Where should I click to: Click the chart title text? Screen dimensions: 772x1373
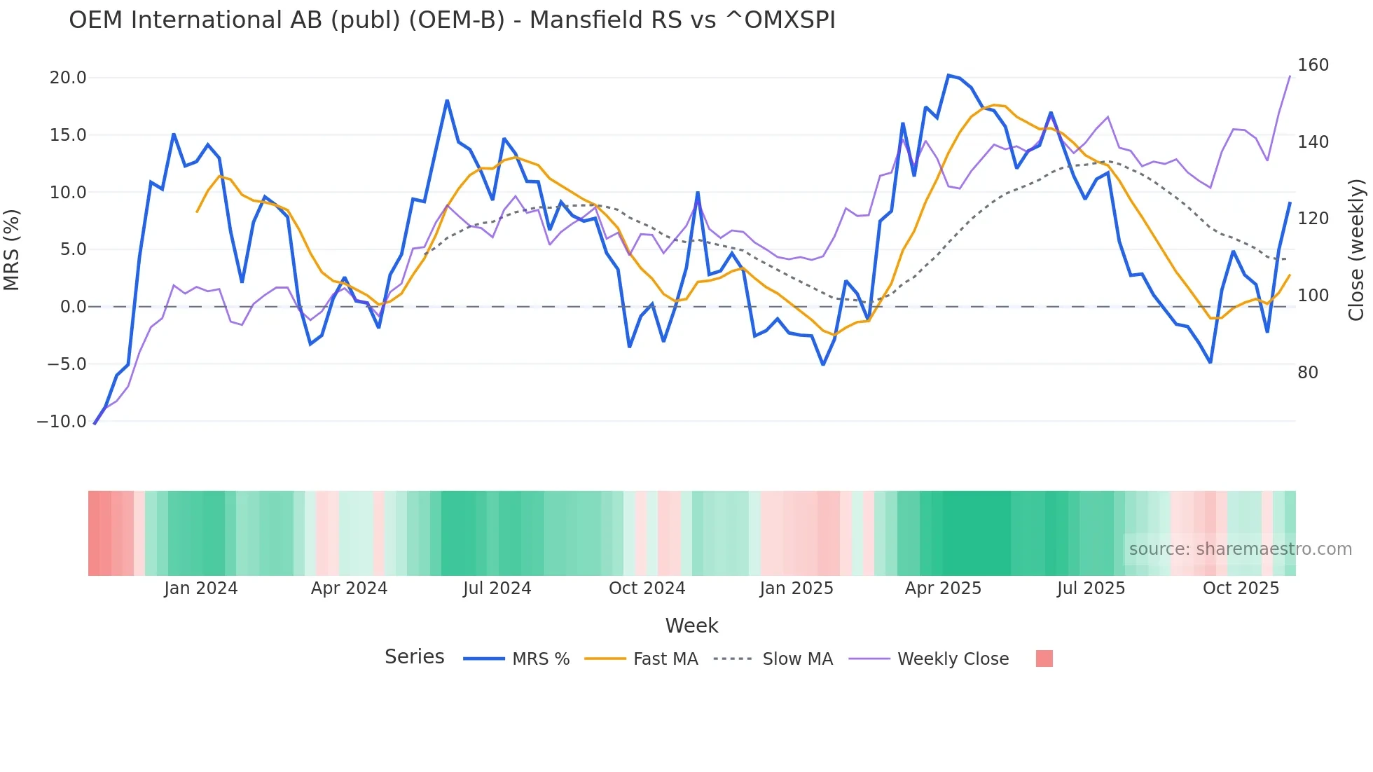(452, 20)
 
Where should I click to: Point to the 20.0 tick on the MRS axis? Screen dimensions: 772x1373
(68, 78)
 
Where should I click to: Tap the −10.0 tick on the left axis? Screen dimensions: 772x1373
(62, 422)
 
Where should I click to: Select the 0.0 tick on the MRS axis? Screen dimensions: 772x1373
(73, 307)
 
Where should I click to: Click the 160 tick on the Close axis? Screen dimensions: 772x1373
(1313, 65)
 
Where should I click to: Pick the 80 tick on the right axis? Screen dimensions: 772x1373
(1308, 373)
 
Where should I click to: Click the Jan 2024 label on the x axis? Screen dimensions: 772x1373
(201, 588)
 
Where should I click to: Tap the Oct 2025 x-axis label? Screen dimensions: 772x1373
(1241, 588)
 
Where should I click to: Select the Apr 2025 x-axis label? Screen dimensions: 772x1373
(943, 588)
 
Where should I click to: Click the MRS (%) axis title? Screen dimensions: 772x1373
(12, 249)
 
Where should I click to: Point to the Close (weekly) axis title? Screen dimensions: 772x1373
(1356, 249)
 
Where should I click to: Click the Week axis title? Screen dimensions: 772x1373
(691, 626)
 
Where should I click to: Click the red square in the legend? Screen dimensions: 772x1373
(1044, 659)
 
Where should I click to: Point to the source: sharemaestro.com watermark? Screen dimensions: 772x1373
(1240, 549)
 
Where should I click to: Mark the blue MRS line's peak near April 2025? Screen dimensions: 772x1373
(948, 76)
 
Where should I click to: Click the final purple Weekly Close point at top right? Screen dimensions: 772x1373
(1290, 76)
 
